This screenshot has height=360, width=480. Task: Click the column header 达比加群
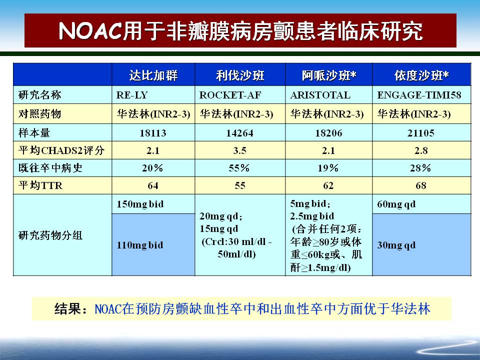(153, 75)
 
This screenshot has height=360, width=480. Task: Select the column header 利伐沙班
(240, 75)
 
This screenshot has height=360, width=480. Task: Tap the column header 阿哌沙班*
(329, 75)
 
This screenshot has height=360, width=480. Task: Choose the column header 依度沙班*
(421, 75)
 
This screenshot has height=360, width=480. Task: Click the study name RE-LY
(132, 95)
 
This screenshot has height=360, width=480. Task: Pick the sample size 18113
(153, 133)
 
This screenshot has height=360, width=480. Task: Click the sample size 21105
(421, 133)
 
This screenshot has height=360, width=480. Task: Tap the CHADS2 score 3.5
(240, 150)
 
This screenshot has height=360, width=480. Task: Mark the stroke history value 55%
(239, 168)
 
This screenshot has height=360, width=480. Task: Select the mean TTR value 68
(421, 185)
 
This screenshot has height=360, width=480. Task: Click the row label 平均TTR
(40, 185)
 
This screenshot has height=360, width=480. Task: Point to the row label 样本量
(34, 133)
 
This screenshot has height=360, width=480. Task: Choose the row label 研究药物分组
(50, 235)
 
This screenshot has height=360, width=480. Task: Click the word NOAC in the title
(90, 31)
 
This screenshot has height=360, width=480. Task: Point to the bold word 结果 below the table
(67, 308)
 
